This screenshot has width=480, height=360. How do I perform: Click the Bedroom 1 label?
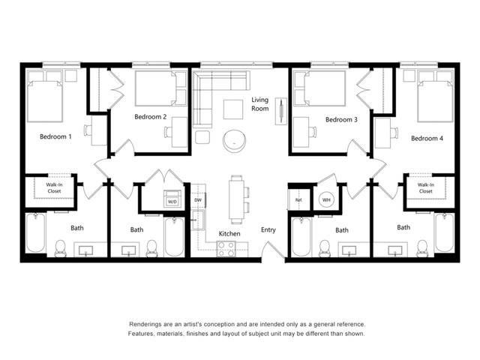[55, 136]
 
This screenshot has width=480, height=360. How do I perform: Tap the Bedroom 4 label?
[427, 138]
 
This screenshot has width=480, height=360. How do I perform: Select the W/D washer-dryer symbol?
[172, 199]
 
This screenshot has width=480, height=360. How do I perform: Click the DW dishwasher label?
[198, 200]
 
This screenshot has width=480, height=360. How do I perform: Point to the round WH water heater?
[326, 200]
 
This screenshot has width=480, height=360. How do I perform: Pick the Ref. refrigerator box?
[298, 200]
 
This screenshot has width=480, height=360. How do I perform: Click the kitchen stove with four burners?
[226, 249]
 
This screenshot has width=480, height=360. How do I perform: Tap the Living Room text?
[260, 104]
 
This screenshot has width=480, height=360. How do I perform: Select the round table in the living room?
[234, 140]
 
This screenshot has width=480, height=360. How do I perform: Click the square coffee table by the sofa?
[233, 109]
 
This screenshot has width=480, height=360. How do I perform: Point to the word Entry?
[268, 229]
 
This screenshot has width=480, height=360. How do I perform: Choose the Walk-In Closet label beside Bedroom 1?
[54, 188]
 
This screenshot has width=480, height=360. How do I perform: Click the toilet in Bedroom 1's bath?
[60, 248]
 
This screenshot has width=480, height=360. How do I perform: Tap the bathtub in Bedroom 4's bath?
[444, 232]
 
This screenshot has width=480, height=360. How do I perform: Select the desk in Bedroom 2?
[179, 132]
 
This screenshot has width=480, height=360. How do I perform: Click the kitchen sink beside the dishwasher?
[198, 220]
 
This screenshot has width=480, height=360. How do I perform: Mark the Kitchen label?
[229, 233]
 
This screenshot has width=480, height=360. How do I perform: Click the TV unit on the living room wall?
[281, 111]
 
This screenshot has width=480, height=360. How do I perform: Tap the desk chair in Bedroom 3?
[312, 132]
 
